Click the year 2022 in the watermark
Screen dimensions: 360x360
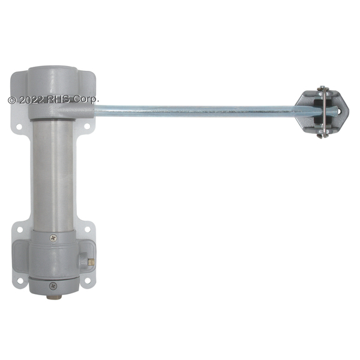click(x=31, y=100)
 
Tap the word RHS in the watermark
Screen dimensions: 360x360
click(x=58, y=100)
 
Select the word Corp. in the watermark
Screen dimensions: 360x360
click(x=86, y=100)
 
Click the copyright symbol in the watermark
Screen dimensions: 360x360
click(x=12, y=100)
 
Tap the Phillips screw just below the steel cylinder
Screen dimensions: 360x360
click(x=53, y=238)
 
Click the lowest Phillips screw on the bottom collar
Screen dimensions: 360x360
click(x=53, y=286)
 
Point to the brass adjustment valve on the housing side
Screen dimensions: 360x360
click(x=91, y=261)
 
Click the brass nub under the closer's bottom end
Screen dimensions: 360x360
click(x=54, y=297)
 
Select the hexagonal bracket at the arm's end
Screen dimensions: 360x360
click(x=322, y=112)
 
